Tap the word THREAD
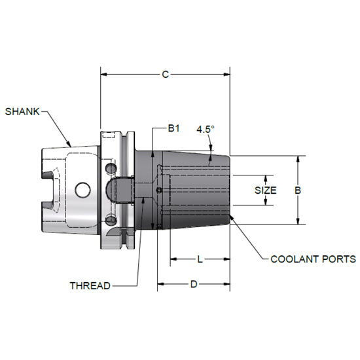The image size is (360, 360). tap(90, 285)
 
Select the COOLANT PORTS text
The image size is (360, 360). tap(313, 259)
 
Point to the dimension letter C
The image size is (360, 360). tap(166, 75)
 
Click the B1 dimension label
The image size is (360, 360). tap(173, 128)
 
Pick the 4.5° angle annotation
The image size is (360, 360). tap(205, 129)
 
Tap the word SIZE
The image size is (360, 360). tap(266, 190)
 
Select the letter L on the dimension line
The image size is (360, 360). tap(200, 259)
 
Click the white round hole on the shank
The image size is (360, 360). tap(82, 190)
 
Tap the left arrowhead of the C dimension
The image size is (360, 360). tap(103, 75)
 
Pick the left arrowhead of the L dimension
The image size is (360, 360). tap(173, 259)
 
